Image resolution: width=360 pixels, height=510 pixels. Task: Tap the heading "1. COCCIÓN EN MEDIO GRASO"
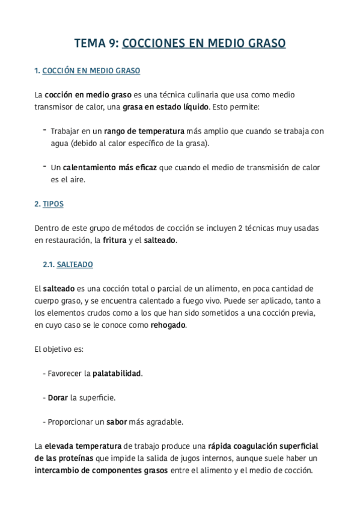pos(87,71)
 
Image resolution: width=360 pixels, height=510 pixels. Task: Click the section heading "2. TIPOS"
pos(49,204)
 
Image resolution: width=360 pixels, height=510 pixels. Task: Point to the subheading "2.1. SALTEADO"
pos(67,265)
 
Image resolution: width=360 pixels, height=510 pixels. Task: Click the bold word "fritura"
pos(114,241)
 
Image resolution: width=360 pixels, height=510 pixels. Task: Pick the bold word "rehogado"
pos(168,325)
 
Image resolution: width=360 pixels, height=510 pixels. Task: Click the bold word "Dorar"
pos(58,398)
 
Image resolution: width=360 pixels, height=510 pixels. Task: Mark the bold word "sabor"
pos(117,422)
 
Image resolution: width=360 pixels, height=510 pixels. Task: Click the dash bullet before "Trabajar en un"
pos(44,130)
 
